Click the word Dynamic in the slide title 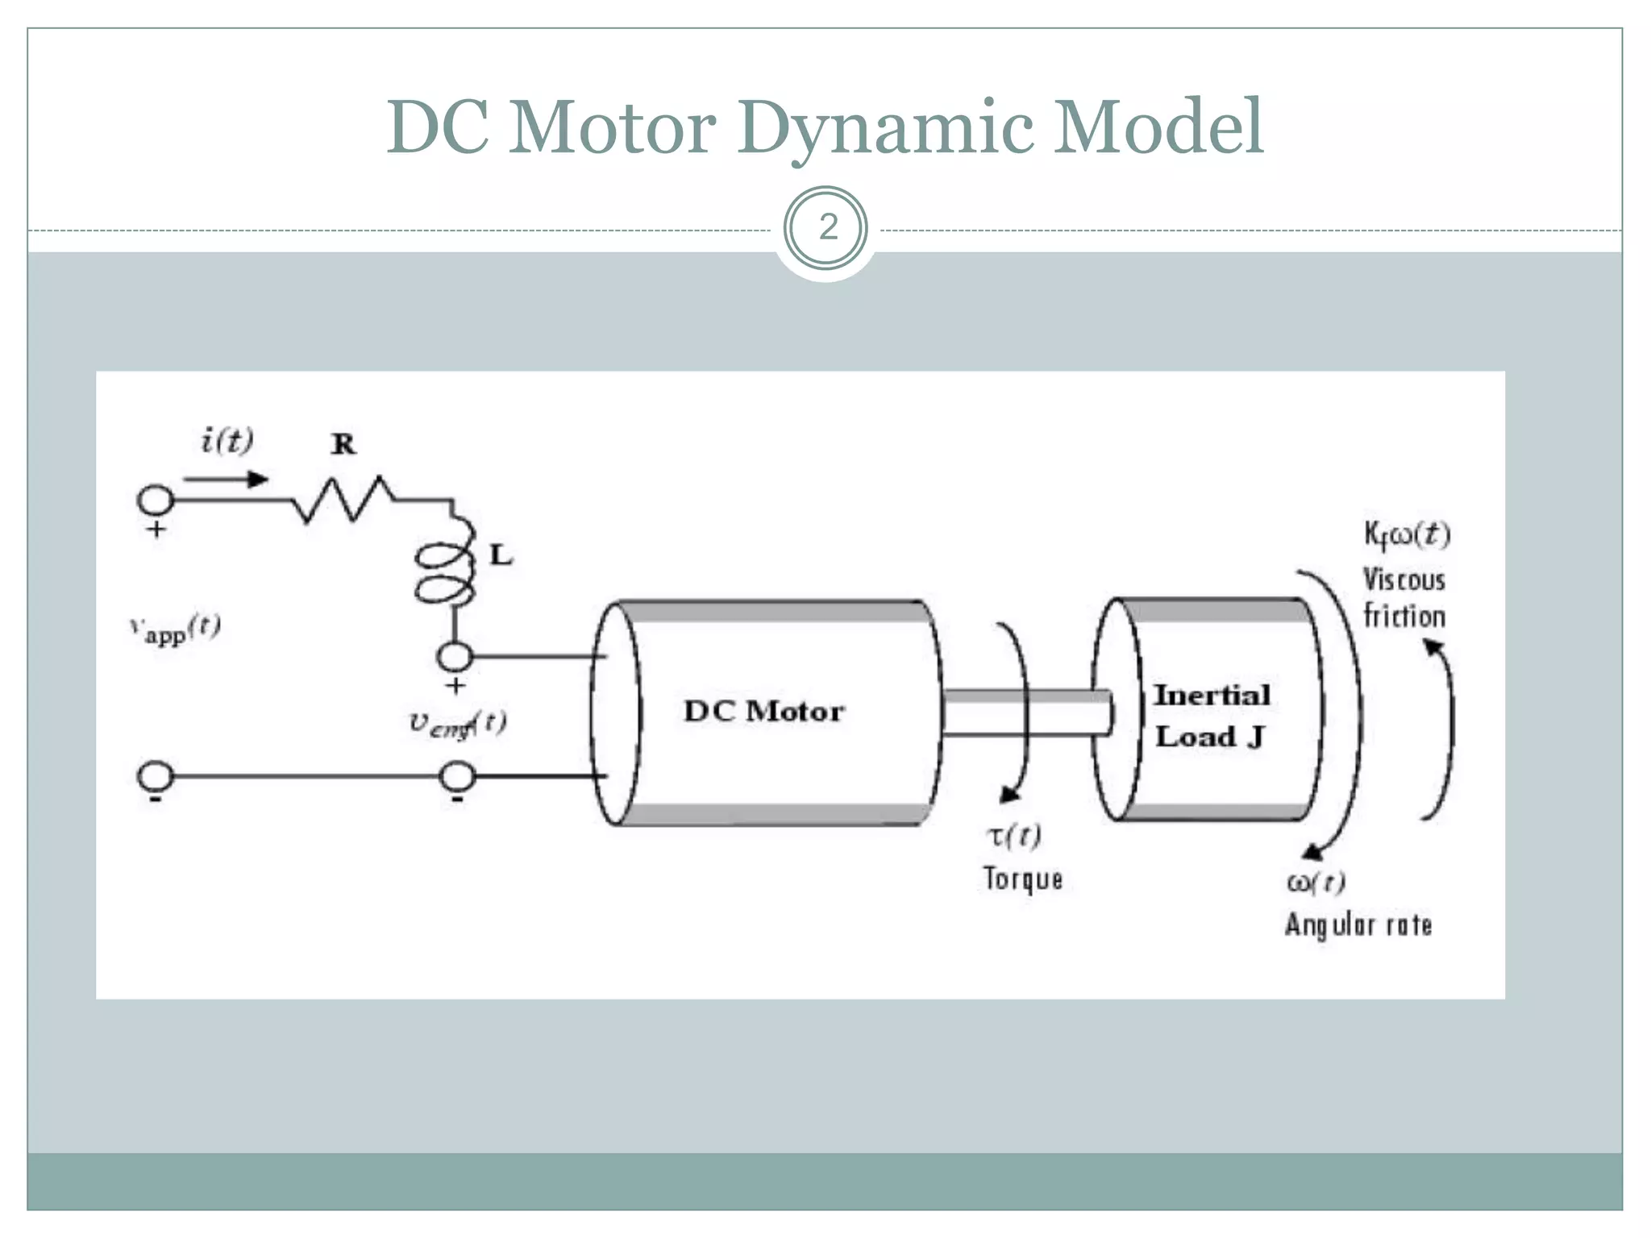[x=885, y=127]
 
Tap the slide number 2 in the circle [x=827, y=228]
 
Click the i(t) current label [x=227, y=441]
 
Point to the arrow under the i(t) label [x=226, y=480]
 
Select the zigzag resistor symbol [x=343, y=500]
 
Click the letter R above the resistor [x=343, y=444]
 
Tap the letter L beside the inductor [x=501, y=555]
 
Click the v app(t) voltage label [x=175, y=629]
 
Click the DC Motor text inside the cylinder [x=763, y=711]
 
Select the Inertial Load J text [x=1211, y=716]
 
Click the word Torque [x=1022, y=879]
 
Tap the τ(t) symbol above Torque [x=1014, y=836]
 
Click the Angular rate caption [x=1358, y=924]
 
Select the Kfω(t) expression [x=1407, y=534]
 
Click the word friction [x=1404, y=617]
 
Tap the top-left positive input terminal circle [x=156, y=500]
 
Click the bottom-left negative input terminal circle [x=156, y=775]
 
